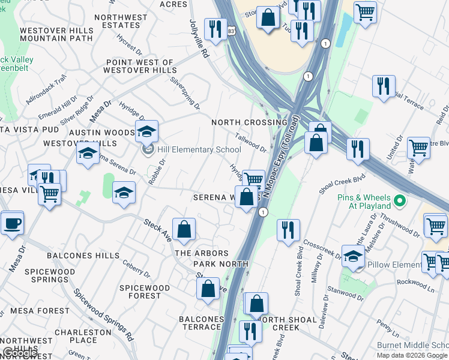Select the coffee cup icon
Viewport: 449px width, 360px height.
coord(12,224)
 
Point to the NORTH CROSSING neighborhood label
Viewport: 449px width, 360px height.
coord(241,122)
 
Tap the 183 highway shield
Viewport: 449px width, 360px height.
coord(231,30)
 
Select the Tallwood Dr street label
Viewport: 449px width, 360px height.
coord(250,143)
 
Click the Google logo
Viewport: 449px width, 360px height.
coord(20,353)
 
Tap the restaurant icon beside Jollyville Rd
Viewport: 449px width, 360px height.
coord(213,29)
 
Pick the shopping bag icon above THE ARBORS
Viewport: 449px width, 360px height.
coord(184,229)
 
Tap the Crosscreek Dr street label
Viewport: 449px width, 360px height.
coord(321,250)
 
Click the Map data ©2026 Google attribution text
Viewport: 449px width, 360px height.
coord(412,355)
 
